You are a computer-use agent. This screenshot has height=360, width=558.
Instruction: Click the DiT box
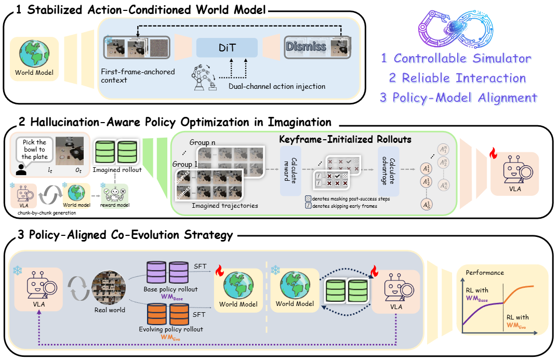pos(227,48)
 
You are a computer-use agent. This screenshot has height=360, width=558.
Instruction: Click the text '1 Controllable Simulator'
pos(456,58)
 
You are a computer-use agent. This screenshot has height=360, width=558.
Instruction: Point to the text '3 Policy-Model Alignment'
pos(458,97)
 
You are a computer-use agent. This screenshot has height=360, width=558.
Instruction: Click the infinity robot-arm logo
pos(457,27)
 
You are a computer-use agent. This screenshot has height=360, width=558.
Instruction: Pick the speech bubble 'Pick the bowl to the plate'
pos(35,150)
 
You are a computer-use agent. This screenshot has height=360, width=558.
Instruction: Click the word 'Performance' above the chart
pos(484,272)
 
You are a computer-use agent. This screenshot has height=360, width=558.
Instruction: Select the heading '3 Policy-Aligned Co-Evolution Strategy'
pos(125,235)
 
